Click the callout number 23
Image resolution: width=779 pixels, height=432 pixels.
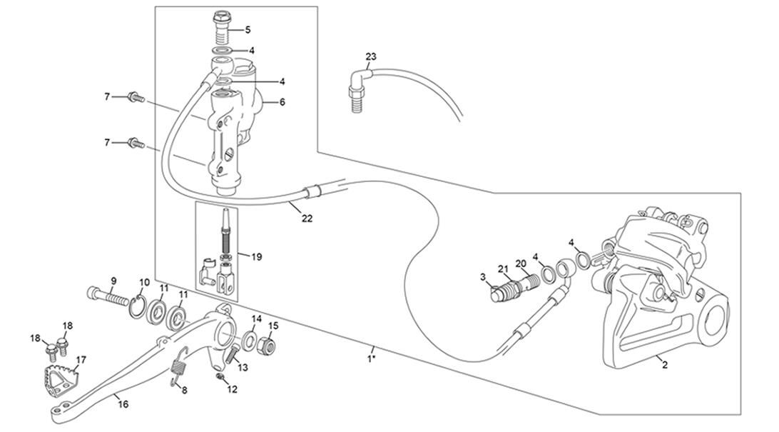371,56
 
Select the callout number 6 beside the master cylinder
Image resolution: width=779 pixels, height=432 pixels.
282,102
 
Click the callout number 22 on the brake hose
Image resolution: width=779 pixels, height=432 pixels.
307,218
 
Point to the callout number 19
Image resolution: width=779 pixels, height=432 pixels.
257,256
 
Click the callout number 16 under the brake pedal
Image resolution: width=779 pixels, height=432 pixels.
123,404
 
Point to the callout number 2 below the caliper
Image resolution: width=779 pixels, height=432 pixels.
665,365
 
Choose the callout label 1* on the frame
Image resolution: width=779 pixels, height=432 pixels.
371,358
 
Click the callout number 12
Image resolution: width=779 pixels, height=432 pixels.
232,389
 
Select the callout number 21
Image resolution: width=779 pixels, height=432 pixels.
503,269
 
